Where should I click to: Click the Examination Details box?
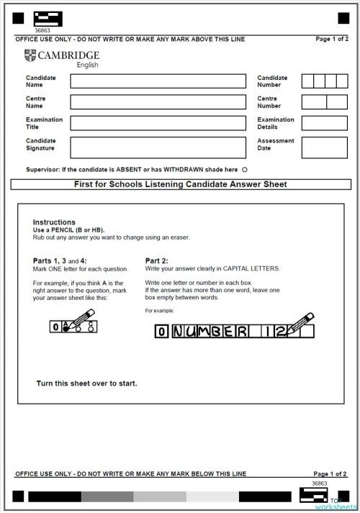(x=324, y=123)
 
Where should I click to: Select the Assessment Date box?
(x=324, y=147)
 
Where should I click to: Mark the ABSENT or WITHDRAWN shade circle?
(x=245, y=170)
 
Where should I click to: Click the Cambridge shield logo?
(x=30, y=55)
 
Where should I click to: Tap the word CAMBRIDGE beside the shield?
(x=68, y=55)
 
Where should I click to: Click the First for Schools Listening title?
(x=180, y=184)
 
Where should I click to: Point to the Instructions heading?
(x=54, y=222)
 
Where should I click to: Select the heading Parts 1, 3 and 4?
(x=60, y=260)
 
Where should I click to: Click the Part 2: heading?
(x=157, y=260)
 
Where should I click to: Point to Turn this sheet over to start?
(x=86, y=383)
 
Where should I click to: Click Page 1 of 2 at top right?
(x=330, y=39)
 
